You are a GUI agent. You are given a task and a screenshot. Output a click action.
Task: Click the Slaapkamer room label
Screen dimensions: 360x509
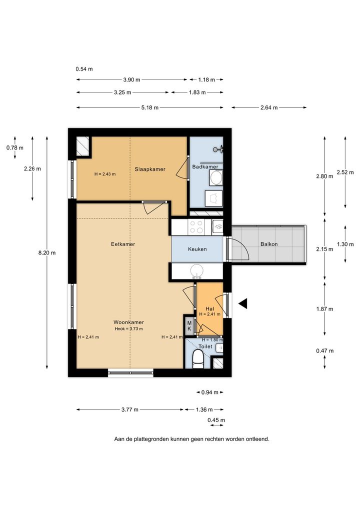[x=150, y=169]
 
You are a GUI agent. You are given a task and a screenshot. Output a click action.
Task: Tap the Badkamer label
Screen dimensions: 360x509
[x=205, y=167]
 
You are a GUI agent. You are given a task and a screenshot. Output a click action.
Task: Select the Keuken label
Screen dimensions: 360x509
[x=197, y=249]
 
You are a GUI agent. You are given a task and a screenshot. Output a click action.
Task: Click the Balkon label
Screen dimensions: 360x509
[x=269, y=244]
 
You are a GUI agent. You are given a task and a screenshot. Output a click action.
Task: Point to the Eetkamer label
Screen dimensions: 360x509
[x=123, y=244]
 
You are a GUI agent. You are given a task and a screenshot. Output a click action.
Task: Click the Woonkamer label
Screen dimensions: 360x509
[x=128, y=322]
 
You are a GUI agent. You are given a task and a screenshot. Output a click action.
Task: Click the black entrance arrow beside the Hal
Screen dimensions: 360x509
[x=243, y=303]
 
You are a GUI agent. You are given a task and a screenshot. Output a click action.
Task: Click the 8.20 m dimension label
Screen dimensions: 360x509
[x=47, y=252]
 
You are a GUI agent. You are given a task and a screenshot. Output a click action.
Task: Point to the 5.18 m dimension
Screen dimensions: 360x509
[x=150, y=107]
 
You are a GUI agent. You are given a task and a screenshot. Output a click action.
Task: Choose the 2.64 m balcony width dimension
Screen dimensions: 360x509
[x=269, y=107]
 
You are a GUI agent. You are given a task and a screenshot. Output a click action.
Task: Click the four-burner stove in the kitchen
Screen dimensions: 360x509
[x=196, y=227]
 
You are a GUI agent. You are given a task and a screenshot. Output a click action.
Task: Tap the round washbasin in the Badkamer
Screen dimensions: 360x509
[x=216, y=178]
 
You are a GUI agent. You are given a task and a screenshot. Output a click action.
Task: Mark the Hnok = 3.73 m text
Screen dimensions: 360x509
[x=129, y=329]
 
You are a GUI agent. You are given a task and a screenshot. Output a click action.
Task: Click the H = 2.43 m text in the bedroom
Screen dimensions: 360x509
[x=105, y=174]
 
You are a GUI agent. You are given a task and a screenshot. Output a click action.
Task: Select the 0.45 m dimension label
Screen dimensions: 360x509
[x=216, y=420]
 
